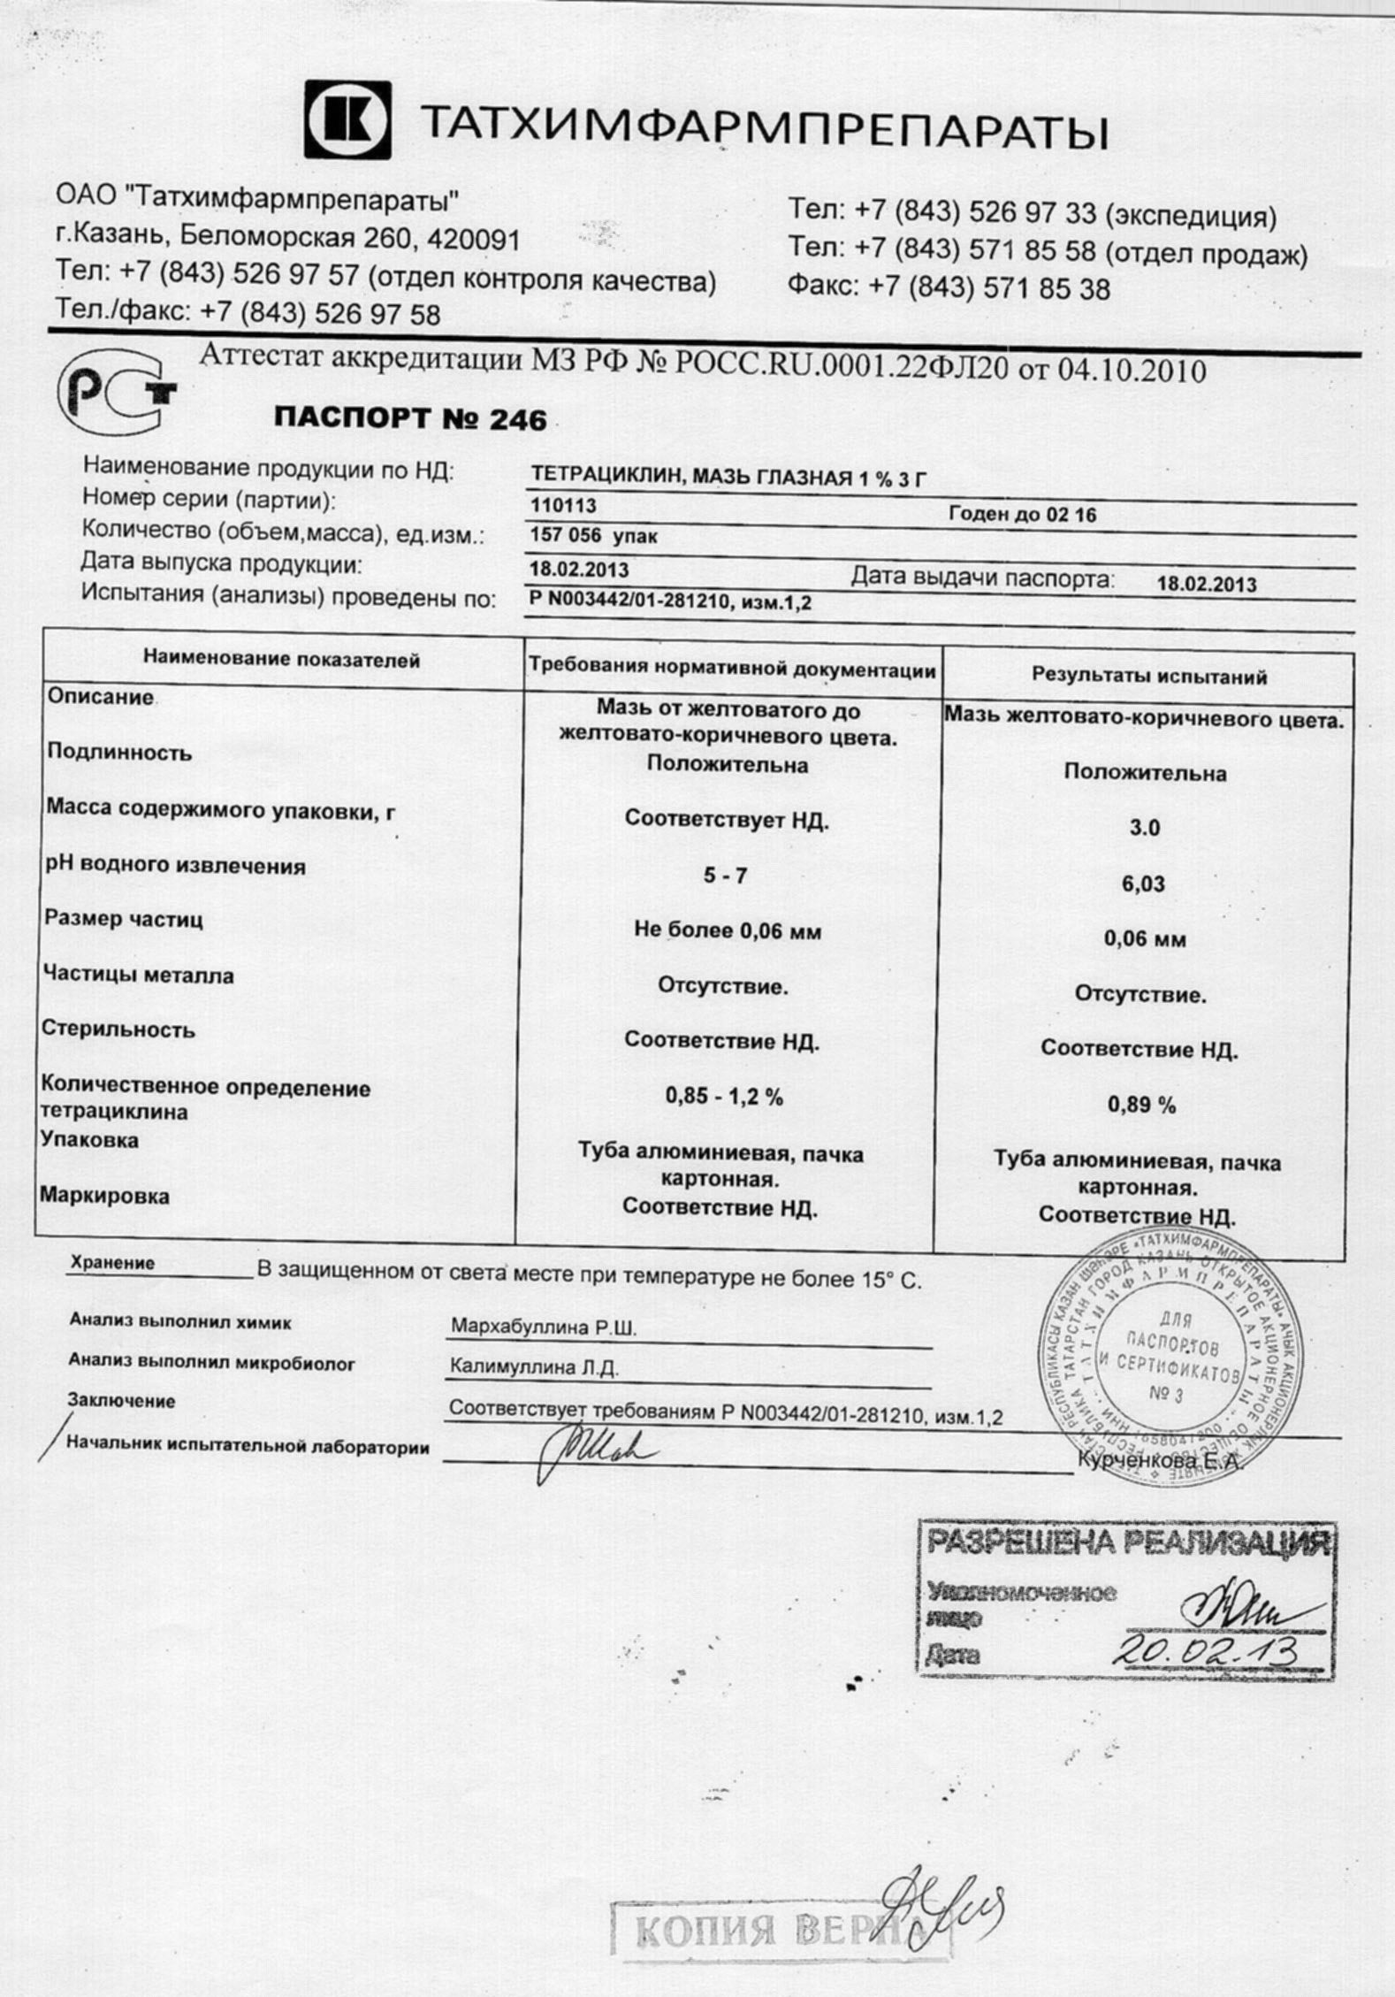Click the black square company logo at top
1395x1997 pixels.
347,119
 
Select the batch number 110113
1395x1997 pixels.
563,506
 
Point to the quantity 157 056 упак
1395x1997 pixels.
593,536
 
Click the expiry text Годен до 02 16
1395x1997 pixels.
1022,515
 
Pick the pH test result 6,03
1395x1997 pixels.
1143,884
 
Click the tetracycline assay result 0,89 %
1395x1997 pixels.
1141,1105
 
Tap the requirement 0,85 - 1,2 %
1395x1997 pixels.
724,1097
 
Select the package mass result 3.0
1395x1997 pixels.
1144,829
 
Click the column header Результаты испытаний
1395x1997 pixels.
1149,677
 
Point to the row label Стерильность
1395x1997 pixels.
118,1029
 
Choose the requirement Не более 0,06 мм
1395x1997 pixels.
727,930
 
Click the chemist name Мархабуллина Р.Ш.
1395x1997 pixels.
543,1328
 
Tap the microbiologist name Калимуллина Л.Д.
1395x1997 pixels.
534,1367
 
